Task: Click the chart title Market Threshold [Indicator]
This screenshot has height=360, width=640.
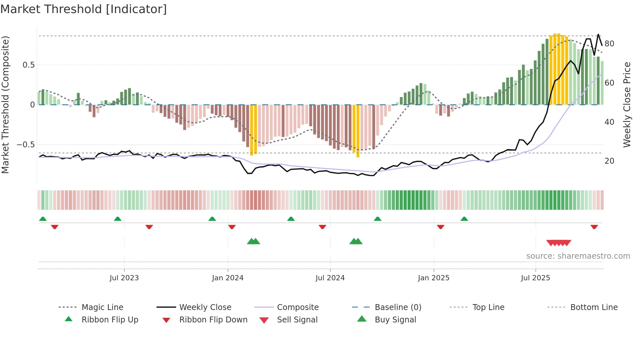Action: coord(84,9)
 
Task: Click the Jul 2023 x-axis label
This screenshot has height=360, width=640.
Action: coord(124,278)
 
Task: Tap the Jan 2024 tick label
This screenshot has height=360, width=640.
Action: coord(228,278)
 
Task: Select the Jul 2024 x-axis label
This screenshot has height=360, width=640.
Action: coord(330,278)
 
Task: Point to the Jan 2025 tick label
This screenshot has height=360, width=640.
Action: coord(433,278)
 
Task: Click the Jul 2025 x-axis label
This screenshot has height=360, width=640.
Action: coord(535,278)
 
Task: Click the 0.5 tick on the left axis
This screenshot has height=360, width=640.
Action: coord(28,65)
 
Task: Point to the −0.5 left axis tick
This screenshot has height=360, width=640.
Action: coord(26,145)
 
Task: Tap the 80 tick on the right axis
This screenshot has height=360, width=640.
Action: coord(609,44)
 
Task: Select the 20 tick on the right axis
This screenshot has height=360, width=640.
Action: coord(609,161)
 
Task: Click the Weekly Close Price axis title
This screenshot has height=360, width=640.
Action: coord(627,105)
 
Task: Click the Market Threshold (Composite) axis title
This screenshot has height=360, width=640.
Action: coord(6,105)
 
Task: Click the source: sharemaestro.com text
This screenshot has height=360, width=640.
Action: coord(578,256)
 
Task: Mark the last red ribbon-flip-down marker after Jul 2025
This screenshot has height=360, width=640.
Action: coord(594,227)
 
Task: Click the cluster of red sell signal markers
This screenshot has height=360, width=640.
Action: coord(558,243)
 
